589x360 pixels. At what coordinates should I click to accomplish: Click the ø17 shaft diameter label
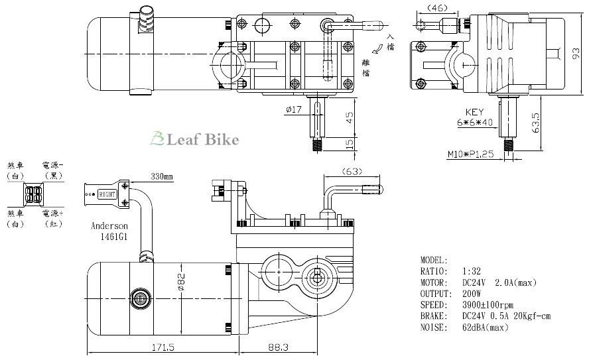click(294, 109)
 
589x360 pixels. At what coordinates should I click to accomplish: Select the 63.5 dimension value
click(535, 123)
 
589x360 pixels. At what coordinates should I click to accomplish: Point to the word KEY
click(475, 112)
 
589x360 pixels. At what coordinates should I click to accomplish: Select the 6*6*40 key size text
click(475, 123)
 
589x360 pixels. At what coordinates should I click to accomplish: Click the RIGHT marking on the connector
click(107, 195)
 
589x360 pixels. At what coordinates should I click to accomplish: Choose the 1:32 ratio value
click(471, 272)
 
